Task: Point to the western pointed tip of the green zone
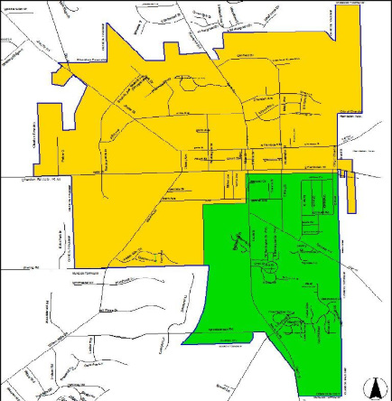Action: pyautogui.click(x=183, y=343)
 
